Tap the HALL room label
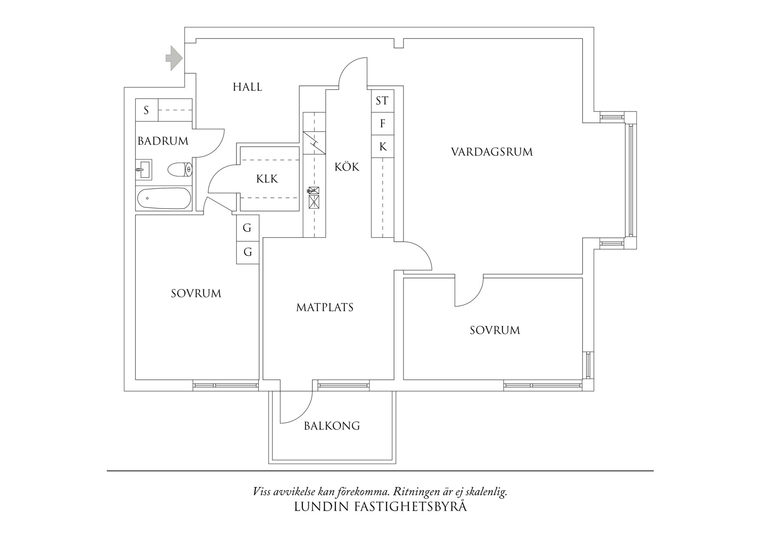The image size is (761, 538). click(247, 87)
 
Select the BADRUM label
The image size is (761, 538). click(163, 141)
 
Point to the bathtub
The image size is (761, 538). click(164, 199)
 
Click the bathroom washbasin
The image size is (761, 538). click(144, 169)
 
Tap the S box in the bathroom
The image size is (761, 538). click(146, 110)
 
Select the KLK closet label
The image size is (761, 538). click(267, 179)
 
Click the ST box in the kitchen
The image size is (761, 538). click(382, 101)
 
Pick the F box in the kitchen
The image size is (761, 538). click(382, 124)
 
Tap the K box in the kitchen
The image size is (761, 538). click(383, 147)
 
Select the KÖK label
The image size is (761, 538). click(347, 167)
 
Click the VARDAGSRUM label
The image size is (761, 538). click(492, 152)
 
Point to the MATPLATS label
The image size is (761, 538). click(325, 308)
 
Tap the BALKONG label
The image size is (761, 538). click(332, 426)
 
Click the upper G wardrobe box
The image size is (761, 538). click(247, 228)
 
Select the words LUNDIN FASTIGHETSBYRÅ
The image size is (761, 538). click(380, 507)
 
